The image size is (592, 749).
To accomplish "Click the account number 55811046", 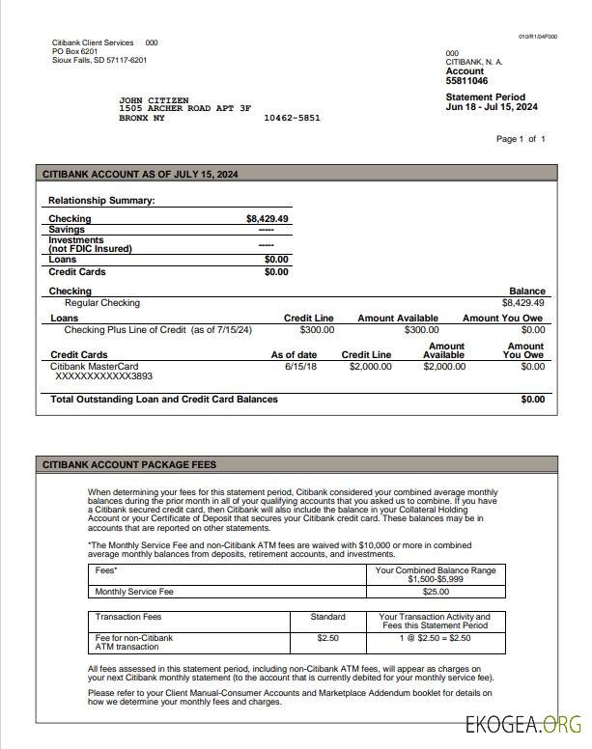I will click(466, 81).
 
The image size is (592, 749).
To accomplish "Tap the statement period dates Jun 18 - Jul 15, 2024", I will click(492, 107).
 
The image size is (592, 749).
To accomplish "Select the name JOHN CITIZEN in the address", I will click(154, 100).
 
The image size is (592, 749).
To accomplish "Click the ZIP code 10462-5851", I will click(292, 118).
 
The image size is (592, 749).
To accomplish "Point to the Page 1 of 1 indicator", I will click(521, 139).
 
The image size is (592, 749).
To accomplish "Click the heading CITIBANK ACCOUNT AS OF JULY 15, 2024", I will click(140, 175).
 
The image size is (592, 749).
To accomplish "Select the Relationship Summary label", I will click(101, 201).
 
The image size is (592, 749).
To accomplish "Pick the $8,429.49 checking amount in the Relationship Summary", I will click(268, 219).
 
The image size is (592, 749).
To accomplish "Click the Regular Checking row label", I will click(102, 303).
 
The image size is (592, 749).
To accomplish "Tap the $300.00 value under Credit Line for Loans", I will click(316, 330).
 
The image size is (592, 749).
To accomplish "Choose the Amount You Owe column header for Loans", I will click(502, 319).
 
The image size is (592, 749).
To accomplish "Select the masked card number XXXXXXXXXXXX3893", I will click(104, 377).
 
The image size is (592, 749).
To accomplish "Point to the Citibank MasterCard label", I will click(95, 367).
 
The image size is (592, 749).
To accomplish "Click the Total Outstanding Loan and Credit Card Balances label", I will click(164, 399).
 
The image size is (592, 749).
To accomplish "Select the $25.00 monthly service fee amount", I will click(436, 592).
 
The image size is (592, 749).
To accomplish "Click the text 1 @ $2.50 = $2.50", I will click(435, 638).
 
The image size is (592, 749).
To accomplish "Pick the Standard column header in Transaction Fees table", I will click(328, 617).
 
